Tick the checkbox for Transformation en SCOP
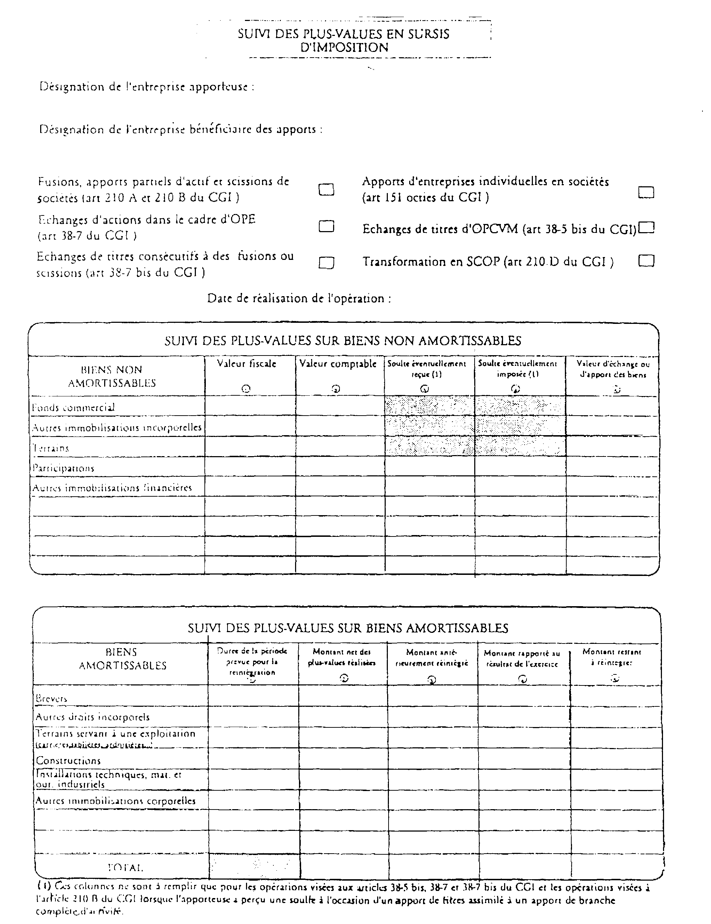coord(646,261)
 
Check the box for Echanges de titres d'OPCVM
coord(646,228)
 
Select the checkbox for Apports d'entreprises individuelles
coord(646,192)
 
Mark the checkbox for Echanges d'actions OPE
coord(326,227)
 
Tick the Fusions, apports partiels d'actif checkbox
coord(326,189)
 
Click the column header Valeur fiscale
coord(247,364)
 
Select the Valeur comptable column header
coord(337,364)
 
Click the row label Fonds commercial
coord(74,407)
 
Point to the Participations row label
coord(63,468)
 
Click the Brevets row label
coord(52,699)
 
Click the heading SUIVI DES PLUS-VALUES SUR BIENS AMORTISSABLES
coord(348,628)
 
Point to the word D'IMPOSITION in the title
coord(344,47)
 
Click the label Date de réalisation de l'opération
coord(299,299)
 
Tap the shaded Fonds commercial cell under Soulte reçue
coord(429,406)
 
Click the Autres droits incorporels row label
coord(93,717)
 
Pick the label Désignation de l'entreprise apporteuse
coord(147,87)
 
